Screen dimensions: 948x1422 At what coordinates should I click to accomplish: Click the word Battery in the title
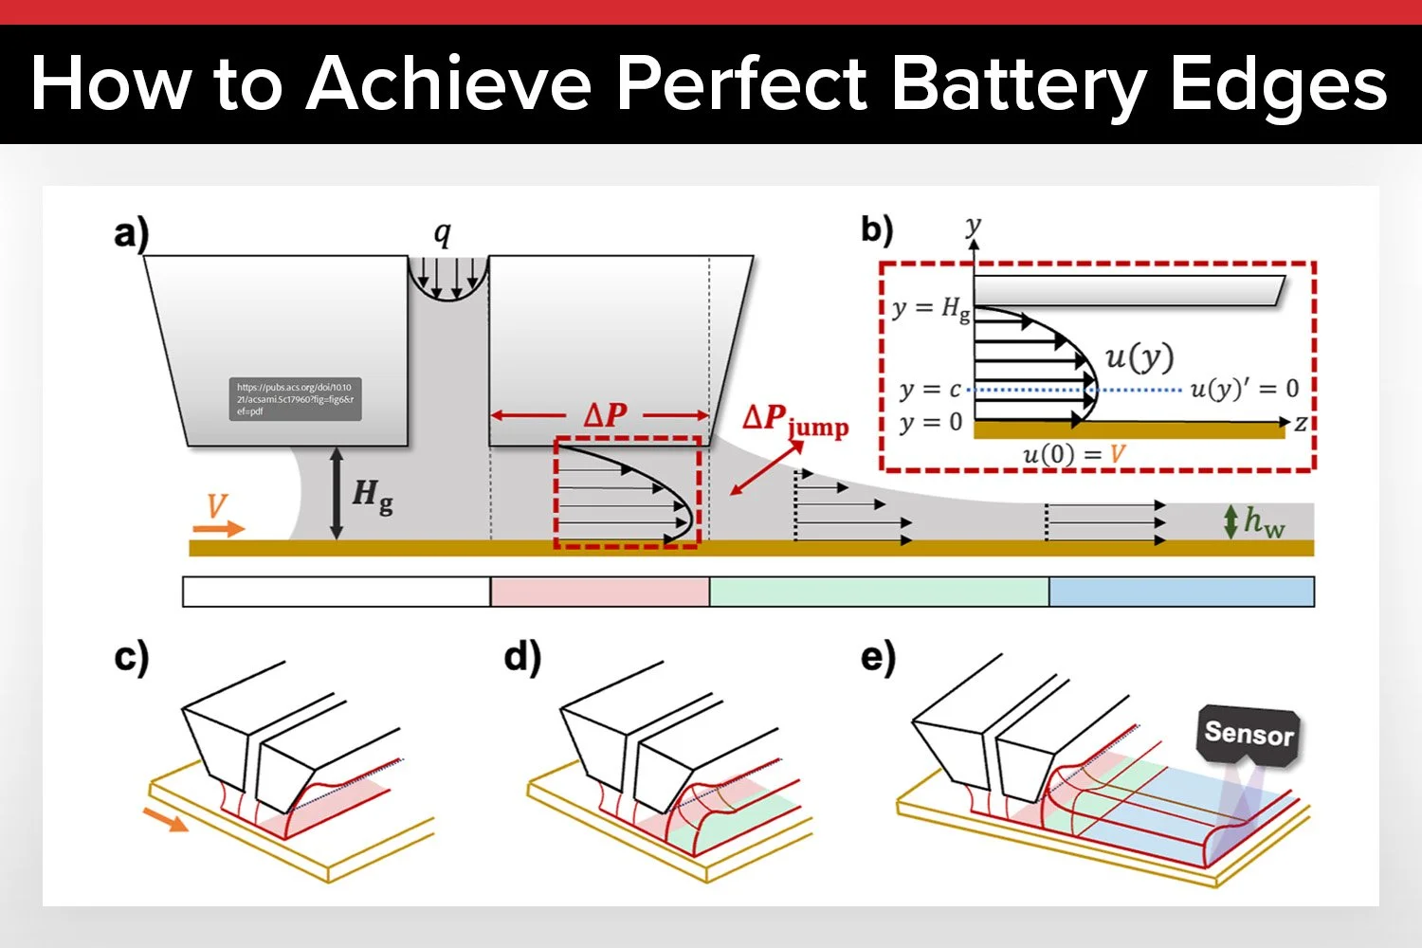coord(1019,85)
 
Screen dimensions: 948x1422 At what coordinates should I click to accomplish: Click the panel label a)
coord(132,233)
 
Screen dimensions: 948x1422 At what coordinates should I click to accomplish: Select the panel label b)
coord(877,230)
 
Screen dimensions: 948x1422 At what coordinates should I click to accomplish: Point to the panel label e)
coord(878,657)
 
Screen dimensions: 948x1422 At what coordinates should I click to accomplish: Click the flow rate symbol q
coord(443,233)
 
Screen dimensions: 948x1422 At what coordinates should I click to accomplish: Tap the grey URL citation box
coord(295,399)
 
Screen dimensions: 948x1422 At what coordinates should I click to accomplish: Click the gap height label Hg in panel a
coord(372,495)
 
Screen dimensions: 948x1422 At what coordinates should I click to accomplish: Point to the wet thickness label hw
coord(1264,521)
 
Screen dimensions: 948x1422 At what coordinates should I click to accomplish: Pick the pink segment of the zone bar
coord(599,592)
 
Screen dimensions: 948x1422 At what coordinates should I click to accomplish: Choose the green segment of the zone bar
coord(879,592)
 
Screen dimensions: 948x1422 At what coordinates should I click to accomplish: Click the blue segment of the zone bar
coord(1181,592)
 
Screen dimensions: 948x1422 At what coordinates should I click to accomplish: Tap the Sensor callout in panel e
coord(1249,734)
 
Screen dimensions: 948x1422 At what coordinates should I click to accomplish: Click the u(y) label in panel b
coord(1139,357)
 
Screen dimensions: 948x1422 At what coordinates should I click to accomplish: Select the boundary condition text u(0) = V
coord(1073,455)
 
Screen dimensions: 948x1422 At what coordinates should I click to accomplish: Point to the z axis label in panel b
coord(1301,424)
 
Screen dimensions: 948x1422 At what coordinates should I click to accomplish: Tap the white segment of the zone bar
coord(336,592)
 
